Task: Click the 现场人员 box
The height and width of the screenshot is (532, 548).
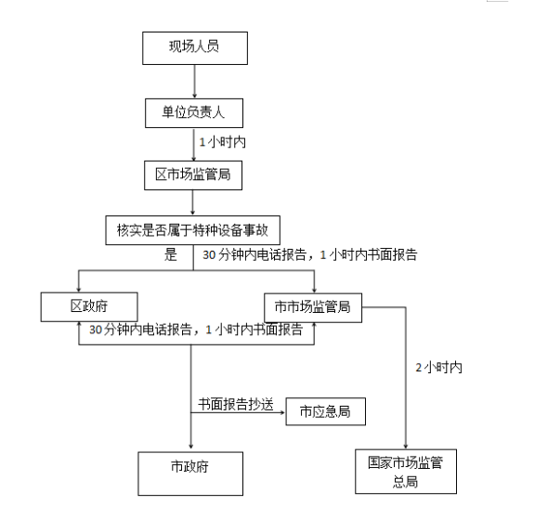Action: click(195, 48)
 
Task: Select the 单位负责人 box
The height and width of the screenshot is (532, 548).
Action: click(194, 113)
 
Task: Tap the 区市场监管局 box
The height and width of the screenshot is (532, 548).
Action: click(193, 175)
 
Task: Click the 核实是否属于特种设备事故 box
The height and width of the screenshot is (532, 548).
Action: click(192, 230)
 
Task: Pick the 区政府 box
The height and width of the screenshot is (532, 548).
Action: click(89, 307)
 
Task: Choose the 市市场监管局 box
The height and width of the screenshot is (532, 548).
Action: click(313, 307)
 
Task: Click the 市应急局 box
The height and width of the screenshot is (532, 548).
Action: click(326, 411)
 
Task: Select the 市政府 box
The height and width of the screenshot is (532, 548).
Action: click(190, 474)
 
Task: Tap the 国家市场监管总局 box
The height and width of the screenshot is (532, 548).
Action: click(406, 472)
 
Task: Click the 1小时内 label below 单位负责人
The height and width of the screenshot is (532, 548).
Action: click(222, 142)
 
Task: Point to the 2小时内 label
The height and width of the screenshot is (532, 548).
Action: click(438, 368)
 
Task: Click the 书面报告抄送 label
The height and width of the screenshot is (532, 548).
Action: click(236, 404)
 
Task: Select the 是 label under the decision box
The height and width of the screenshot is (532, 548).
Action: click(171, 254)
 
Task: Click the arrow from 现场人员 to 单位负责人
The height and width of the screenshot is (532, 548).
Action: click(195, 82)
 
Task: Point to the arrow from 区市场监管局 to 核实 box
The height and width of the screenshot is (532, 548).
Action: click(192, 202)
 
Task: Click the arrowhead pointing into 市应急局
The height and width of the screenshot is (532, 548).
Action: click(282, 412)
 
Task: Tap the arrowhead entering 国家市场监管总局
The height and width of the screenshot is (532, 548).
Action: click(406, 447)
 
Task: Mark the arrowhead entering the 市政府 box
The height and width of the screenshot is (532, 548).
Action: click(190, 446)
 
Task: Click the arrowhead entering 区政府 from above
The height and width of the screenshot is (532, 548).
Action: click(79, 290)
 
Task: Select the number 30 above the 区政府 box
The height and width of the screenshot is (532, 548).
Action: click(209, 255)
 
